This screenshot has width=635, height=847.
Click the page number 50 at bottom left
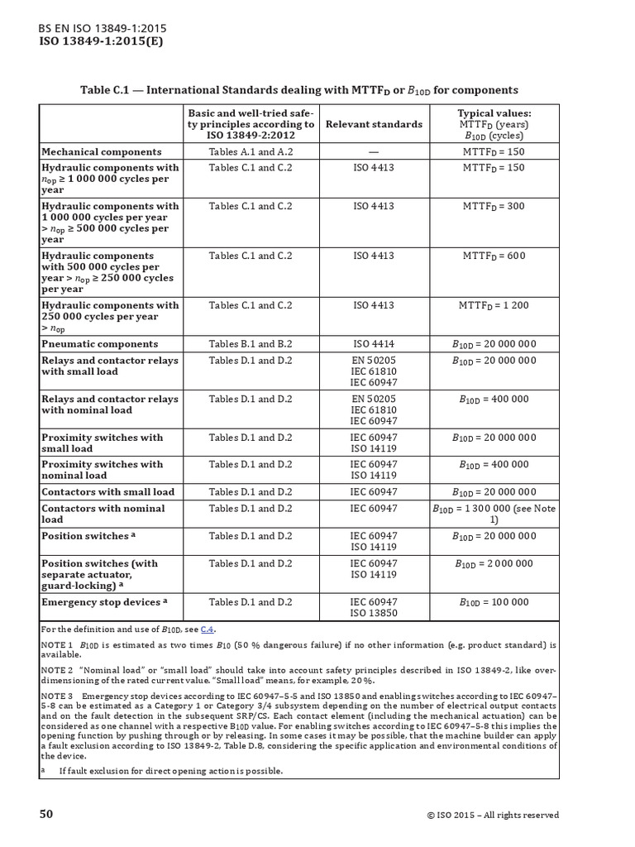(46, 814)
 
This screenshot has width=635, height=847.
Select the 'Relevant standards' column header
(374, 124)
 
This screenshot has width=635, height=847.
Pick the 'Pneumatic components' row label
(99, 344)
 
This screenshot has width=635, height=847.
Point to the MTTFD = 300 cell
(494, 206)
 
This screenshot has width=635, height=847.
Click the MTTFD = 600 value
(494, 256)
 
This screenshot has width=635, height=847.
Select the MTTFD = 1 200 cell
(494, 305)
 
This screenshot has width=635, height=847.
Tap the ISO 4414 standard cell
(374, 344)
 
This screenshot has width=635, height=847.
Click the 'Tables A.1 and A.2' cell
(251, 152)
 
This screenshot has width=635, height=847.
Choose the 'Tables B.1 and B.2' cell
(251, 344)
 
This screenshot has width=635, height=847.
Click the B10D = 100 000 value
(494, 602)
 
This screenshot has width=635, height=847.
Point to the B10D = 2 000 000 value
(494, 563)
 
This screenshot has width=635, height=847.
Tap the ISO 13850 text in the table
(374, 613)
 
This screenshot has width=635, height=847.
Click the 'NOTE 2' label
(57, 667)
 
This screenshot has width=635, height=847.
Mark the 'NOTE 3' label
(57, 696)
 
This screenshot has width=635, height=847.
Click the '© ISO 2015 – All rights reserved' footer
(493, 815)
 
